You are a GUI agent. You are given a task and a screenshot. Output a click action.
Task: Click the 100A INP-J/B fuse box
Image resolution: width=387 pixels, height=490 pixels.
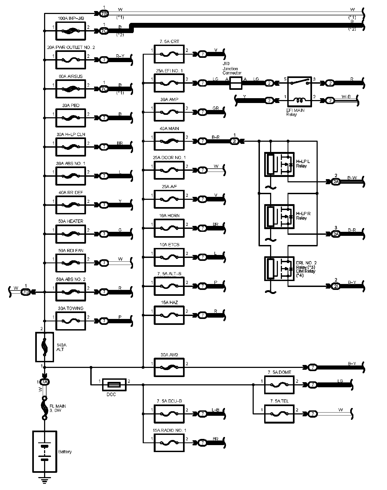71,31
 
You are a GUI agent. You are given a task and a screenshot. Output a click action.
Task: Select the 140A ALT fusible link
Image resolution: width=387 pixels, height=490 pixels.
45,347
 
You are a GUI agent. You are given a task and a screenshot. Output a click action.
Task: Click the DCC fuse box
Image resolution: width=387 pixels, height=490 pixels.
114,385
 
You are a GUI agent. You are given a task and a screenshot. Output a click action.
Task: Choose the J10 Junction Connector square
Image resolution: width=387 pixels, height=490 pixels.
236,83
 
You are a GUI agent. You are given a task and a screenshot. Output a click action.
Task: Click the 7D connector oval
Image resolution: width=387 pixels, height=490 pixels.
26,292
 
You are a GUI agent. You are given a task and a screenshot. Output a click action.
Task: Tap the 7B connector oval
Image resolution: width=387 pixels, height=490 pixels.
104,13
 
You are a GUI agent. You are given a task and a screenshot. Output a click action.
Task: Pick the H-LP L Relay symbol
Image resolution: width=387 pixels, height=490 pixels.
279,164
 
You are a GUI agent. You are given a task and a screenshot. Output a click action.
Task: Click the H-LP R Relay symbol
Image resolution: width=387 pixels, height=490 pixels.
279,216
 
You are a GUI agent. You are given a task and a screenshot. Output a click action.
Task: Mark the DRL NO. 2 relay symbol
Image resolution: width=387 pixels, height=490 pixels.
279,269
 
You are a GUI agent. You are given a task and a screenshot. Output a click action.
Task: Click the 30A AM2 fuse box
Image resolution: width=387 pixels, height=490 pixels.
169,367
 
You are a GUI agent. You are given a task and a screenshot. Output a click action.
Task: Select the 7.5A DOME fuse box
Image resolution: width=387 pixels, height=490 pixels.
279,385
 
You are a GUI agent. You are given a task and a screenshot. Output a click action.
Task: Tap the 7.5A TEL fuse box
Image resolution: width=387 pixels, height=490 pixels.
279,414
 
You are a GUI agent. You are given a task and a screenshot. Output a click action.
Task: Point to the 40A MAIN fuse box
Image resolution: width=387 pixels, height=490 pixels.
169,141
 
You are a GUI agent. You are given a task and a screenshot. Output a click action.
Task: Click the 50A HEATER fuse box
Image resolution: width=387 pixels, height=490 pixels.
71,234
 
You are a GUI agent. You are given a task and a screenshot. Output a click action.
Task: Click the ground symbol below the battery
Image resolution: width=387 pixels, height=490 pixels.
45,479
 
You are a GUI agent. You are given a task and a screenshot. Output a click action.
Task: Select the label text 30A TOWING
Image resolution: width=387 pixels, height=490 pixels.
71,308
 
